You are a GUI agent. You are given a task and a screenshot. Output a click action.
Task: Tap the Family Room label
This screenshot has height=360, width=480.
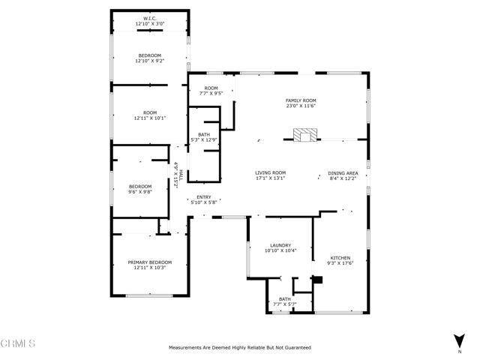coord(301,100)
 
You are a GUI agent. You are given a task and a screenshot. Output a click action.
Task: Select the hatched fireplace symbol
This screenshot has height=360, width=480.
coord(305,135)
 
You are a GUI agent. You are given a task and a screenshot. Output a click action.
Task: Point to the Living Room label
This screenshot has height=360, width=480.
coord(270,172)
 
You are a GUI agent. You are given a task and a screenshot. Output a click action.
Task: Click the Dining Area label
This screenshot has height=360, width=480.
coord(343,173)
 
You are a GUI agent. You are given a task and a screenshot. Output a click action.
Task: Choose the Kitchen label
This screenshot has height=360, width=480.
coord(340,258)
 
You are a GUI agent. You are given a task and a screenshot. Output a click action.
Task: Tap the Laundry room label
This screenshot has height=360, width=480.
coord(280,245)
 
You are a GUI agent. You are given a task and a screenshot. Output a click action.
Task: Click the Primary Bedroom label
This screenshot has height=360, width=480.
coord(150,262)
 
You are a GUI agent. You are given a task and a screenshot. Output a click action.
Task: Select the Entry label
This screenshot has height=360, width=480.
coord(204,197)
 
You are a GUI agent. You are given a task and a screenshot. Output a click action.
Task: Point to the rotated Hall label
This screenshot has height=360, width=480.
coord(181,175)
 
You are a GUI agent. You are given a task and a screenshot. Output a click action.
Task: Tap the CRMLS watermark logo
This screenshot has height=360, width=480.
coord(18,343)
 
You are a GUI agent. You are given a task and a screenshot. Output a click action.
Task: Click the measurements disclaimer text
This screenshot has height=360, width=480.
coord(240,347)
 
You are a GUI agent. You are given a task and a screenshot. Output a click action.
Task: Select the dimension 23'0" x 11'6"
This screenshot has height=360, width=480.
coord(301,106)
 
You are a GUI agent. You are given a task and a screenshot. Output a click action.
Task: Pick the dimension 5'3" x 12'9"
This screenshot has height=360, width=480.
coord(204,140)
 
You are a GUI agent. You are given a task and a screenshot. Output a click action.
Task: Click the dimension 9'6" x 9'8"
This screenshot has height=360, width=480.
coord(140,192)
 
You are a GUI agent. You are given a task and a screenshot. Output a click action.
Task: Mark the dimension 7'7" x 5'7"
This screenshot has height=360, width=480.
coord(285,304)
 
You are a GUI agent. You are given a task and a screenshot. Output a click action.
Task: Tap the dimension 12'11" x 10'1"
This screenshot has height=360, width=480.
coord(150,118)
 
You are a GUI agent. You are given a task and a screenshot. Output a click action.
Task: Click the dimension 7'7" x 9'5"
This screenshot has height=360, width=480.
coord(211,93)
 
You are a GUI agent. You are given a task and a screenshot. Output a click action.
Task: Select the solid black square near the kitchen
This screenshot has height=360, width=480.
coord(317,280)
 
